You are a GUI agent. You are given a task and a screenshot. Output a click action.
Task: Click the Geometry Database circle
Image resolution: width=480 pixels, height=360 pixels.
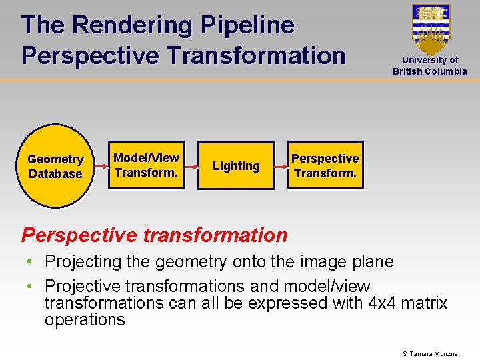coord(55,166)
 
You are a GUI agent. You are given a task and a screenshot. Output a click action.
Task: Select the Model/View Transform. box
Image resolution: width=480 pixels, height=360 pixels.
coord(146,165)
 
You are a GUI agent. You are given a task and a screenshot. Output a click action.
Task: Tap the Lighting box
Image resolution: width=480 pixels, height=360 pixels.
coord(236,166)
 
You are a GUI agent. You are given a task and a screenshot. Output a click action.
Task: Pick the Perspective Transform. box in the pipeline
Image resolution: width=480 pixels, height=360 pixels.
coord(325,166)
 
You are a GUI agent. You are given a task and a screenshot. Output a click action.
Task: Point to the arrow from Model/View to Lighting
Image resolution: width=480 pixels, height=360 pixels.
coord(190,165)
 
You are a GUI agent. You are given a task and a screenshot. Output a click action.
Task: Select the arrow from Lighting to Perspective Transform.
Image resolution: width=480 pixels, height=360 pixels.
coord(280,165)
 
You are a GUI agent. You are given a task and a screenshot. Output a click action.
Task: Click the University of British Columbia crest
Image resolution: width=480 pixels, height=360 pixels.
coord(431,29)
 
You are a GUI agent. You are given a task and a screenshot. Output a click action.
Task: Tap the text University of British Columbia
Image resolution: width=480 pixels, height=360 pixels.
coord(430,65)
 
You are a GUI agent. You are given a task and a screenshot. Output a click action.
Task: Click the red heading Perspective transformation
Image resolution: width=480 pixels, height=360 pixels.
coord(154,235)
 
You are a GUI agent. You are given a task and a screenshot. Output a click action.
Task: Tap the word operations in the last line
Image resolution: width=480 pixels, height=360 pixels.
coord(85,319)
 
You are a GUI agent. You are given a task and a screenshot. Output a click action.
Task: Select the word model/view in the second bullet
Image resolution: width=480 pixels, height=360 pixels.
coord(327,287)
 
